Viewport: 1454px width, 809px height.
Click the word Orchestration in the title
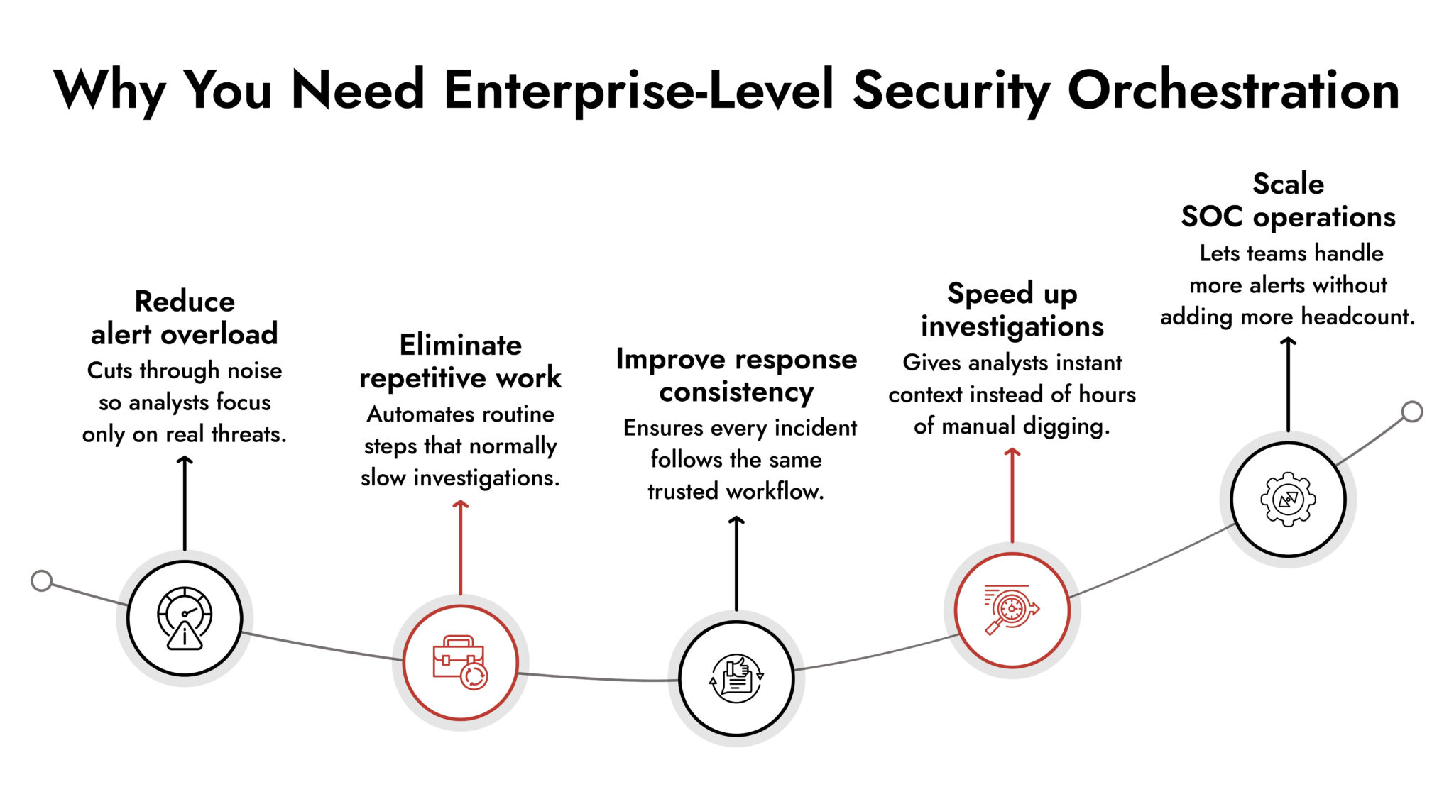tap(1232, 91)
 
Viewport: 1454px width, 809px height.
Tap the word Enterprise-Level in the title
tap(638, 91)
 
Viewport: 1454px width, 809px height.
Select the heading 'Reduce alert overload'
tap(185, 317)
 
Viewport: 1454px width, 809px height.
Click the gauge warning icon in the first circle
tap(185, 618)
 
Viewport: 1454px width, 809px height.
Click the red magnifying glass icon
tap(1011, 610)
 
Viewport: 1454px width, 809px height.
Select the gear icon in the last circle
tap(1288, 499)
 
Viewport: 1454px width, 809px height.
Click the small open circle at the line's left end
tap(42, 580)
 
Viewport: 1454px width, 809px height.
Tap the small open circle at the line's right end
tap(1412, 412)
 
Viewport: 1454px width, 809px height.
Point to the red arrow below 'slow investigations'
tap(460, 546)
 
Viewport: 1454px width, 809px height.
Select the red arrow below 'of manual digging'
tap(1012, 495)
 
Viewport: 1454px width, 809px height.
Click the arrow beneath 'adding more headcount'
tap(1288, 384)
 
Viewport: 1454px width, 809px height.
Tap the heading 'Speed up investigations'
tap(1012, 309)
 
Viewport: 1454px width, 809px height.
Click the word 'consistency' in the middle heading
tap(736, 392)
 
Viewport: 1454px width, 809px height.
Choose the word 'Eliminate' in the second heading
tap(460, 345)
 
